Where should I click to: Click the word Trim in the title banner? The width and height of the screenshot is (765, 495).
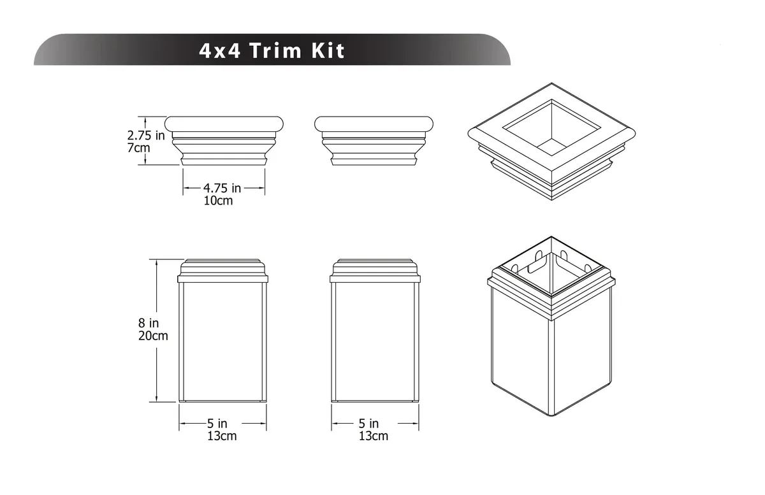point(275,50)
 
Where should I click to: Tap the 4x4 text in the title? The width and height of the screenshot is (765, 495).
point(219,50)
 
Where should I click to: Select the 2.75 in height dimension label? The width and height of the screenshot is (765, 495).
point(146,136)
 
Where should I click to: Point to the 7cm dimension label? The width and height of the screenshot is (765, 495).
point(138,148)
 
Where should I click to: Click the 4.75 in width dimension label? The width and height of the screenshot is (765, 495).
point(222,188)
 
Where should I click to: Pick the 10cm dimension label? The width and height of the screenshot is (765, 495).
point(218,201)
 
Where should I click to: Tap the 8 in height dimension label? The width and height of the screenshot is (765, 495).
point(149,323)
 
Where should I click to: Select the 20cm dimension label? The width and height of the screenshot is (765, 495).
point(153,336)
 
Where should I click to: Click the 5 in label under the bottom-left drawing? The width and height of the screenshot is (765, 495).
point(217,424)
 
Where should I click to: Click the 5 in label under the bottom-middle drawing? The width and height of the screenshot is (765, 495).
point(368,424)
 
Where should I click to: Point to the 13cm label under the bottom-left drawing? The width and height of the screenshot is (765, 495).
point(222,436)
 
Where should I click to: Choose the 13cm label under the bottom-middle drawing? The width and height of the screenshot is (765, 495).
point(374,436)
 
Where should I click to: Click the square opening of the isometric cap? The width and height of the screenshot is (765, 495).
point(551,127)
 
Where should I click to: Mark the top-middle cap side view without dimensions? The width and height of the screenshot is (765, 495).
point(374,141)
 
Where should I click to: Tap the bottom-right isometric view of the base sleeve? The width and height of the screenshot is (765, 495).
point(551,326)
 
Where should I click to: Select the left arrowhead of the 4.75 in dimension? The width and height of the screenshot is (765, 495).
point(186,188)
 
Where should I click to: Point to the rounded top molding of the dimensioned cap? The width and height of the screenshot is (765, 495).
point(224,124)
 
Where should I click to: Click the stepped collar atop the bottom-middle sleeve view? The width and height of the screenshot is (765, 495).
point(375,271)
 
